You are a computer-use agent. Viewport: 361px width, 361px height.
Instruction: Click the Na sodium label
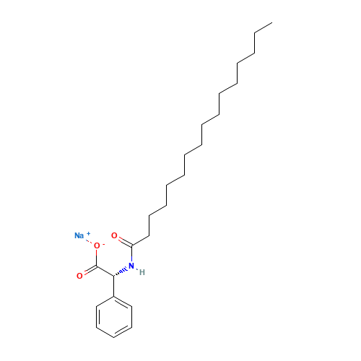pos(79,235)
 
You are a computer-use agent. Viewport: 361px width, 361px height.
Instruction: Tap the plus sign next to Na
pos(89,233)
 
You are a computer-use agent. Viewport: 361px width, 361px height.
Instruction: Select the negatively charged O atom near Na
pos(97,245)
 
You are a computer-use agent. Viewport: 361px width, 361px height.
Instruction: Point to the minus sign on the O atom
pos(104,243)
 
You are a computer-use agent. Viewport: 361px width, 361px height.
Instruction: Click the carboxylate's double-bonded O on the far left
pos(79,276)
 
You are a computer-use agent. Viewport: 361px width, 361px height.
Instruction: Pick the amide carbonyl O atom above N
pos(114,235)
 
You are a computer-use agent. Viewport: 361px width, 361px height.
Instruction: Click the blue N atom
pos(131,266)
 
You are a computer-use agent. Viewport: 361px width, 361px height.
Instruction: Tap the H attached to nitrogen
pos(142,272)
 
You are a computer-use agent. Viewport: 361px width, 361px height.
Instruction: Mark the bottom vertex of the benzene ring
pos(114,336)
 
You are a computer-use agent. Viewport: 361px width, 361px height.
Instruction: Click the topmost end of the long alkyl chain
pos(271,24)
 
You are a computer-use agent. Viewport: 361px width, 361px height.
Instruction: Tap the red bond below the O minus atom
pos(97,254)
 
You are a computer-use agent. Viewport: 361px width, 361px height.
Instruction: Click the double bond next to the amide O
pos(123,241)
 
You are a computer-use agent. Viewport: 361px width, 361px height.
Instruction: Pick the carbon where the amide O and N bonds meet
pos(131,245)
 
